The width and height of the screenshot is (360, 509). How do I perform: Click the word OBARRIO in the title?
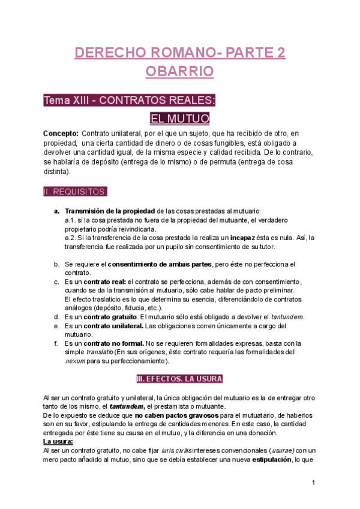click(x=180, y=71)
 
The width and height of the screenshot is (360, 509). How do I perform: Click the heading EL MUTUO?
click(x=179, y=118)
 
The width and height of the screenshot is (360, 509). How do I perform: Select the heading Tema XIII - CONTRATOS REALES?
click(x=129, y=100)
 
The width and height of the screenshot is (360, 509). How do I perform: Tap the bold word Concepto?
click(x=61, y=133)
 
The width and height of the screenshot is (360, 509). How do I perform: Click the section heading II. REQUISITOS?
click(x=76, y=191)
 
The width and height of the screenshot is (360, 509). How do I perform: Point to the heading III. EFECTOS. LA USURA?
click(x=179, y=379)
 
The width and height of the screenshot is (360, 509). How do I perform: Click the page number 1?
click(x=313, y=483)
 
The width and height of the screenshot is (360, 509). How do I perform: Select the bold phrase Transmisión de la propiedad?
click(x=109, y=211)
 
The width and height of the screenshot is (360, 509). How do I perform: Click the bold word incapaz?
click(x=246, y=237)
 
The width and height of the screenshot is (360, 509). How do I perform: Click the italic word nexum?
click(x=75, y=361)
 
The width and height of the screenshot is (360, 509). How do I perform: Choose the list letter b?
click(x=56, y=264)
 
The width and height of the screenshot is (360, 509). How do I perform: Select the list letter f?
click(x=56, y=343)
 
